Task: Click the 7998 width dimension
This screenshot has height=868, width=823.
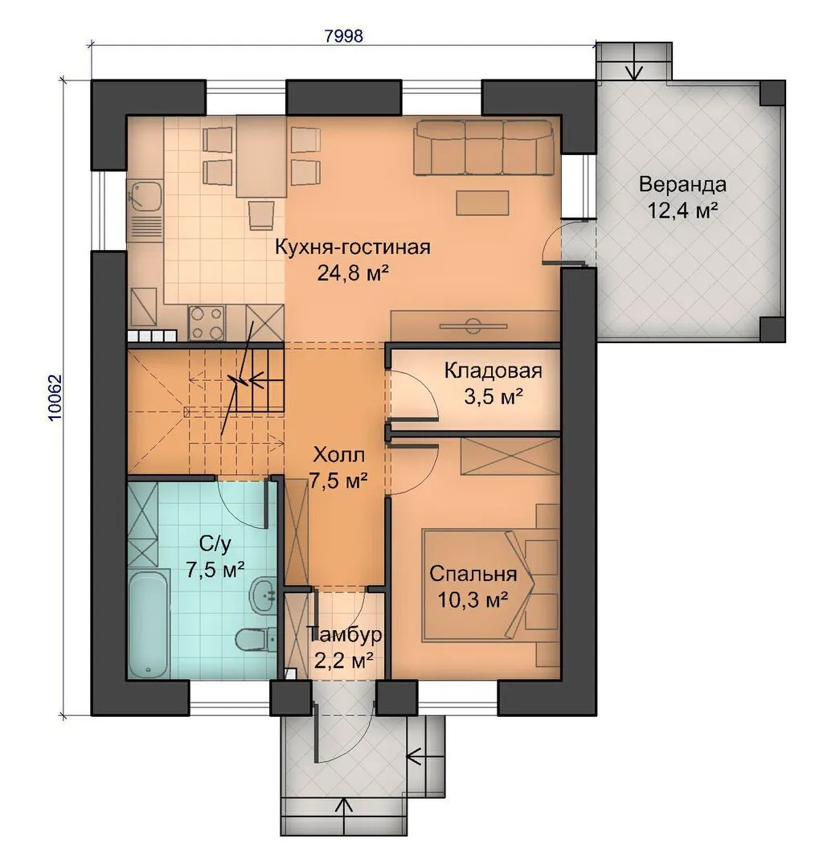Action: pos(344,35)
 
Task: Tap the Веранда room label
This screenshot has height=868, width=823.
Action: pos(682,184)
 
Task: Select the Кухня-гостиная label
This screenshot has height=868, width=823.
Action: pos(353,247)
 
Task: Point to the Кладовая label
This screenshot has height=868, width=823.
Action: pos(493,371)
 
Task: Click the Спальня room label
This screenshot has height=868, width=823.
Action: pos(473,574)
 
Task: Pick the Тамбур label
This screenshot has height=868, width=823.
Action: pos(344,634)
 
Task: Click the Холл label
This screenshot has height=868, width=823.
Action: pos(339,455)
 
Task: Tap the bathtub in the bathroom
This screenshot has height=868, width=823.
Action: pos(148,623)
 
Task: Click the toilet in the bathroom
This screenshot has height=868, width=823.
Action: pos(256,641)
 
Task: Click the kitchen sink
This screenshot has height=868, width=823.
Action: pos(145,196)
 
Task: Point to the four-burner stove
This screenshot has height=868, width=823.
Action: pos(207,323)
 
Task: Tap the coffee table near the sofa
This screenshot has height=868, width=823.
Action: pos(482,203)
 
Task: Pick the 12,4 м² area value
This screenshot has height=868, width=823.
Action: pos(683,211)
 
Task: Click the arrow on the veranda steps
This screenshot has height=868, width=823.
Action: pos(633,69)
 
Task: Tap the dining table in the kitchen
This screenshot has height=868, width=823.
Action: pos(261,156)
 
